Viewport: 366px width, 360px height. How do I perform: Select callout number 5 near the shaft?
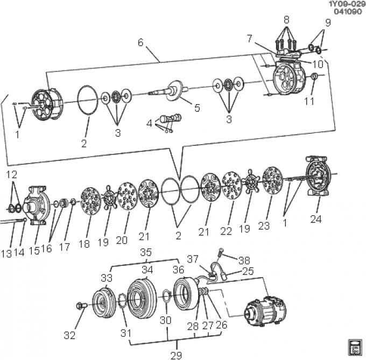click(x=197, y=108)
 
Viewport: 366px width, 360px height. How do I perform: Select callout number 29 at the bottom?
click(x=176, y=355)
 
